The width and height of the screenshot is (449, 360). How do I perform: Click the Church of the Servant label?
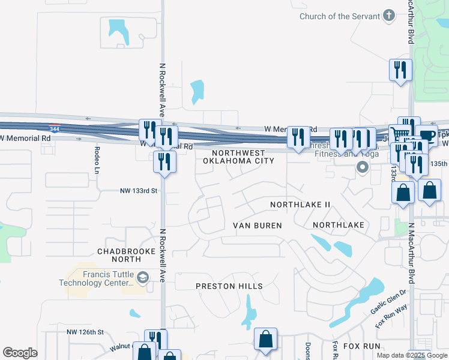click(339, 16)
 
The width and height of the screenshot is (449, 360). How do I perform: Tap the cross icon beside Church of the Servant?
click(388, 16)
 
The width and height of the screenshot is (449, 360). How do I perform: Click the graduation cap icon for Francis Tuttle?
click(143, 278)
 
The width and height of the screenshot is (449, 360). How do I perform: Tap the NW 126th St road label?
click(85, 332)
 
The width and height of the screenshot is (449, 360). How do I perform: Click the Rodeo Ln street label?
click(95, 157)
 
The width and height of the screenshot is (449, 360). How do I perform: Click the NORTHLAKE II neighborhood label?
click(300, 205)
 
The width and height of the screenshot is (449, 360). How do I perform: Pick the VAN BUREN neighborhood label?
click(257, 226)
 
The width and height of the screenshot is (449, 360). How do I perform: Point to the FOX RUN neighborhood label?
click(361, 347)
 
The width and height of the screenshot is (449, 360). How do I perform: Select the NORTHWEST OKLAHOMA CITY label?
click(238, 157)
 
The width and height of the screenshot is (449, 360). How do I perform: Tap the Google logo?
click(20, 353)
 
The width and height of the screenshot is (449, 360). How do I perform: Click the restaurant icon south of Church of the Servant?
click(399, 70)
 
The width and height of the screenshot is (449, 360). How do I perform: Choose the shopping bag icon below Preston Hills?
click(265, 340)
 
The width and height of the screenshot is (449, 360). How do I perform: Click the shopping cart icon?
click(399, 133)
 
